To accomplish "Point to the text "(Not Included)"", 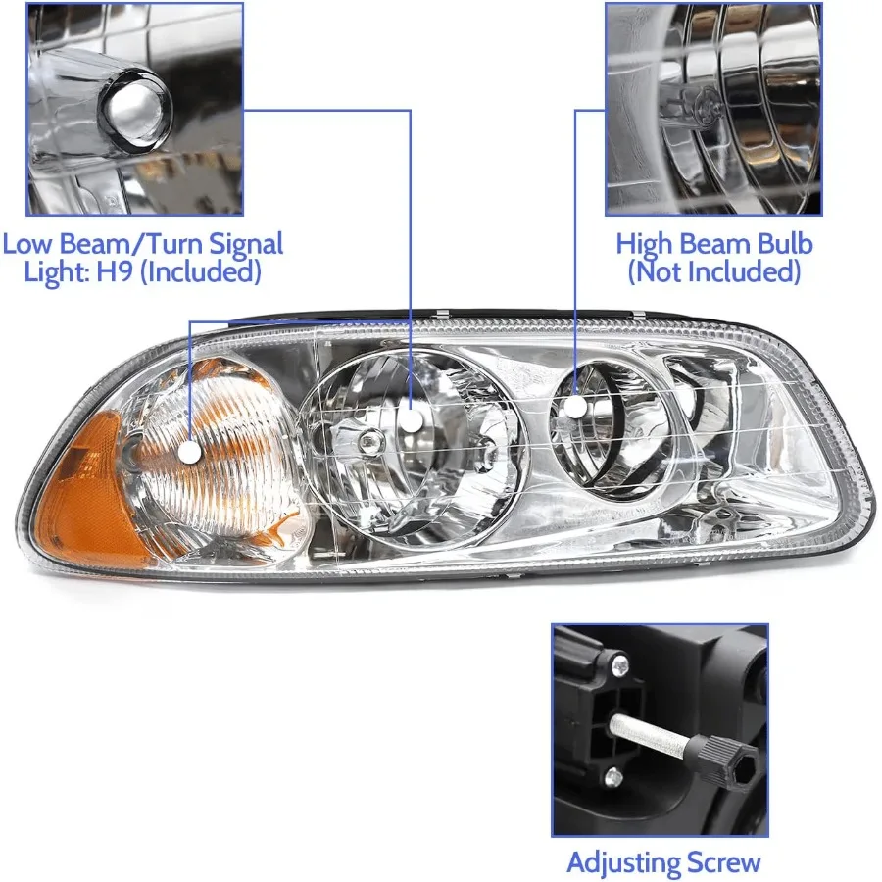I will [713, 271].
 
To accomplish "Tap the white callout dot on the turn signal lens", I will [189, 452].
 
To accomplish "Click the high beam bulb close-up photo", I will [713, 109].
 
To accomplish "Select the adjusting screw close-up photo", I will [660, 730].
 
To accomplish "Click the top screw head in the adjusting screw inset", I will [618, 667].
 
